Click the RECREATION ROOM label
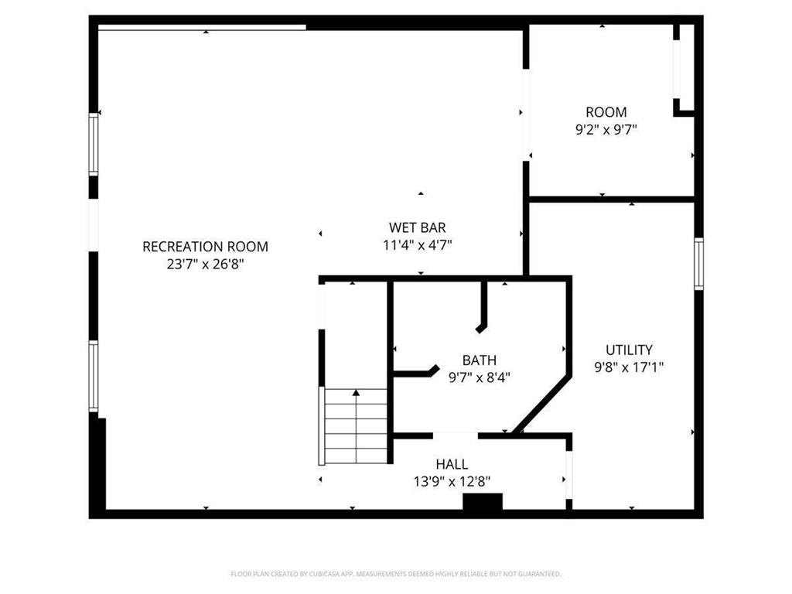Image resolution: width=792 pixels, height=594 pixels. pos(205,247)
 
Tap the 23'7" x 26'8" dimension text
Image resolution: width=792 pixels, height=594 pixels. pos(205,264)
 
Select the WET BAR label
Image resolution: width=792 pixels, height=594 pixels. pos(417,227)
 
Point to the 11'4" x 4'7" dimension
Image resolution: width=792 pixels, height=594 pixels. pos(417,245)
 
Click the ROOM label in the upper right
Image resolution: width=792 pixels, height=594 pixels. pos(606,112)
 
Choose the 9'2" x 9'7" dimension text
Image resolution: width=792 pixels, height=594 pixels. pos(606,130)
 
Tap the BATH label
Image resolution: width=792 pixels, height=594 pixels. pos(479,360)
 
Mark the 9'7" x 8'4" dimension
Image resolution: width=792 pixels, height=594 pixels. pos(479,377)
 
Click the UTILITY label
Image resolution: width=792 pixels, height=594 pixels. pos(629,350)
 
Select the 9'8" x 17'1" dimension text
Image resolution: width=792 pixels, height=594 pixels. pos(629,367)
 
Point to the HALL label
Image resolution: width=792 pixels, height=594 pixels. pos(451,464)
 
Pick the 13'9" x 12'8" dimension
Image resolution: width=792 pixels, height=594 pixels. pos(451,481)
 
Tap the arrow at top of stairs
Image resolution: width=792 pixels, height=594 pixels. pos(356,394)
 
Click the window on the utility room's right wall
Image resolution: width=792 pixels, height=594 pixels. pos(698,264)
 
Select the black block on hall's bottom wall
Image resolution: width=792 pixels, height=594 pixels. pos(482,502)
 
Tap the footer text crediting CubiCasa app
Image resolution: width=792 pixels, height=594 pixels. pos(395,574)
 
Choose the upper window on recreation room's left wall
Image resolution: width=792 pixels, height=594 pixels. pos(94,144)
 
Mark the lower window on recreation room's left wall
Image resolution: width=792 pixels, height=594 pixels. pos(94,376)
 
